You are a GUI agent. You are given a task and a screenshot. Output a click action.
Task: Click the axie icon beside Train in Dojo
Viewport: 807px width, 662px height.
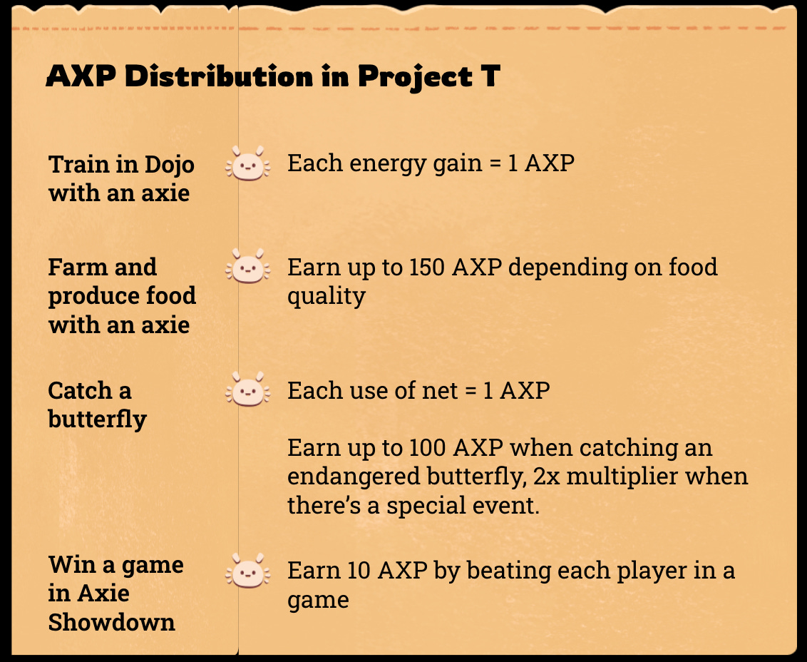coord(247,164)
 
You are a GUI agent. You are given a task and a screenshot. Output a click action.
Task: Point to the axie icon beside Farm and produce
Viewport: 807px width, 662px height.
coord(247,267)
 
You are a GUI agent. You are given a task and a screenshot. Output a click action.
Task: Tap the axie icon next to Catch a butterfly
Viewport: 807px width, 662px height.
coord(247,391)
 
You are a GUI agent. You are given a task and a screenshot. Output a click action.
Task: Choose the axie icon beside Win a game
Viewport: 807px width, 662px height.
coord(247,571)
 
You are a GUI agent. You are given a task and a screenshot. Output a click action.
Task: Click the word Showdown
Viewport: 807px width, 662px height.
coord(111,622)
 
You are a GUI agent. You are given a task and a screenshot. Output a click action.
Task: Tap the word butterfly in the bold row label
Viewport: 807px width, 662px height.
coord(97,419)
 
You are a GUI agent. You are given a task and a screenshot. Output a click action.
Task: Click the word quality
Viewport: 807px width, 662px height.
coord(327,295)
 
